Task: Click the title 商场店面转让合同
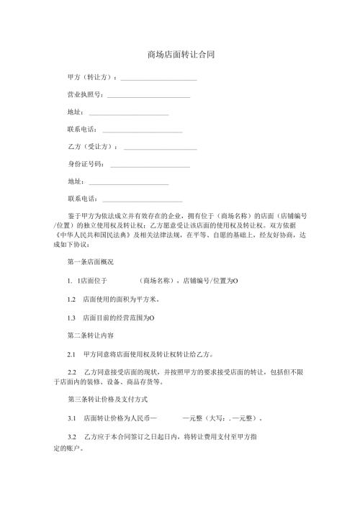point(180,54)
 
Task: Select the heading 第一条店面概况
point(90,261)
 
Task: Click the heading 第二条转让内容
point(90,335)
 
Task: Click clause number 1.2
point(71,299)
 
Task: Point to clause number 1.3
point(71,317)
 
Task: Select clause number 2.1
point(71,354)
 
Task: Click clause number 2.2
point(71,373)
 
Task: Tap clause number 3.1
point(71,418)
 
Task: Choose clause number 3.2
point(71,436)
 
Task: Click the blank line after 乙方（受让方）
point(161,148)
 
